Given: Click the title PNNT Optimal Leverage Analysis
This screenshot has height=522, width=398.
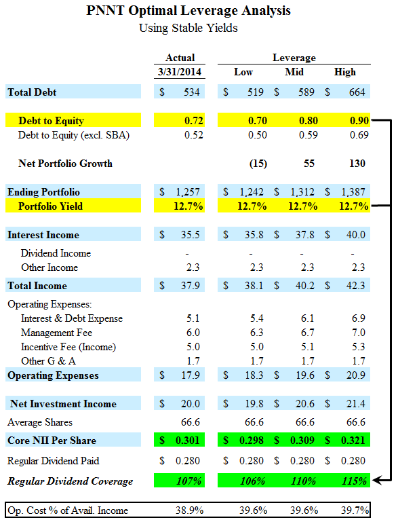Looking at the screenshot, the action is [x=188, y=10].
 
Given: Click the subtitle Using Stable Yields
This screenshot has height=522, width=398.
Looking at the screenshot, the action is [x=188, y=28].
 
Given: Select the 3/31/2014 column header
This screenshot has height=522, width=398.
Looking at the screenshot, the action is [x=180, y=72].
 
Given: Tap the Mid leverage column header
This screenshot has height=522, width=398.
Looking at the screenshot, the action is [x=294, y=72].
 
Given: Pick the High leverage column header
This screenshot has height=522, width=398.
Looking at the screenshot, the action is [x=345, y=72].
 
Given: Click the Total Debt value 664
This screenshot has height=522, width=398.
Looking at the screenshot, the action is [x=357, y=92].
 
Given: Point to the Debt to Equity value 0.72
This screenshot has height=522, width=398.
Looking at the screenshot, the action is [x=193, y=121].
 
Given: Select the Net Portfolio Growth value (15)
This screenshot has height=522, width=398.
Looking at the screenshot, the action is [x=258, y=164].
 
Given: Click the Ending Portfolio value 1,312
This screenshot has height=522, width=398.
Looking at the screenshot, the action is [x=302, y=191].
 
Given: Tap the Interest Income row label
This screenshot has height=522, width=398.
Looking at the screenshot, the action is [x=43, y=235].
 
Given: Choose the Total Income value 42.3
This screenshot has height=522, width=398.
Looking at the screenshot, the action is [x=355, y=286].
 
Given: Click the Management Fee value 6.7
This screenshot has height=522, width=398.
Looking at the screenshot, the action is [x=307, y=333].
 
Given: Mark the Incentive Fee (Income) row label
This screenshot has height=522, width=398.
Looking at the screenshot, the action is [x=68, y=347].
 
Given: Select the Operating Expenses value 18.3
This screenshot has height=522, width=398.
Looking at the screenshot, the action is [x=254, y=375].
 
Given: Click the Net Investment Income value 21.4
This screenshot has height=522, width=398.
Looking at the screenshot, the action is [x=355, y=404].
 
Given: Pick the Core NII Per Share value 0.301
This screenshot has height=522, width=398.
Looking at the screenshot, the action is [x=188, y=441].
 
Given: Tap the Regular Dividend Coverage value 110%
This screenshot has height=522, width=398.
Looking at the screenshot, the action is [x=303, y=481].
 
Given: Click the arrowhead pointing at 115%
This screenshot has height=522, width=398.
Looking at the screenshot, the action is [x=376, y=481].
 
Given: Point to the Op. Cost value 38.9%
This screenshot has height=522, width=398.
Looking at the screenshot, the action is [x=190, y=510].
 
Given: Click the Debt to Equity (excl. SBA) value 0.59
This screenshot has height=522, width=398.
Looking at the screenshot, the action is [x=309, y=135].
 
